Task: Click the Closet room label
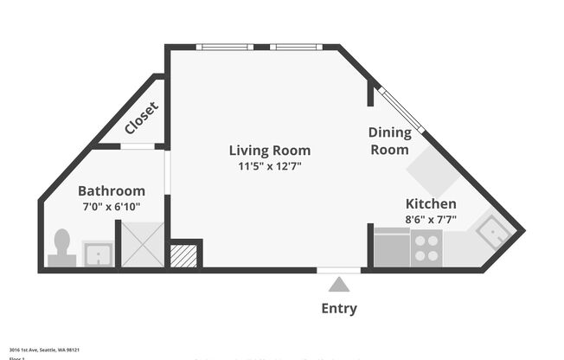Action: tap(141, 119)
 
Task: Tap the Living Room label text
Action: tap(269, 150)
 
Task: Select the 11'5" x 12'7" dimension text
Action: tap(270, 166)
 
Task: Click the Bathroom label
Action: tap(112, 190)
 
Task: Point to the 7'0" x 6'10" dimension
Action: tap(111, 207)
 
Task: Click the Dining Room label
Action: tap(389, 141)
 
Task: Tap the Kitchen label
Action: tap(431, 203)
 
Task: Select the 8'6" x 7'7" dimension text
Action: tap(431, 220)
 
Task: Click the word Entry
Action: tap(338, 308)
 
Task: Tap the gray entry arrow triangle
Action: tap(338, 284)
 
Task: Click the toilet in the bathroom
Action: tap(62, 246)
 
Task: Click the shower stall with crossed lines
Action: tap(141, 244)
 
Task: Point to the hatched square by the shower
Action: tap(183, 255)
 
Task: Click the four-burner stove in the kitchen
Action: tap(426, 248)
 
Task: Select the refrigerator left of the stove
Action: tap(392, 248)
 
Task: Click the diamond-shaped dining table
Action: tap(433, 170)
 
